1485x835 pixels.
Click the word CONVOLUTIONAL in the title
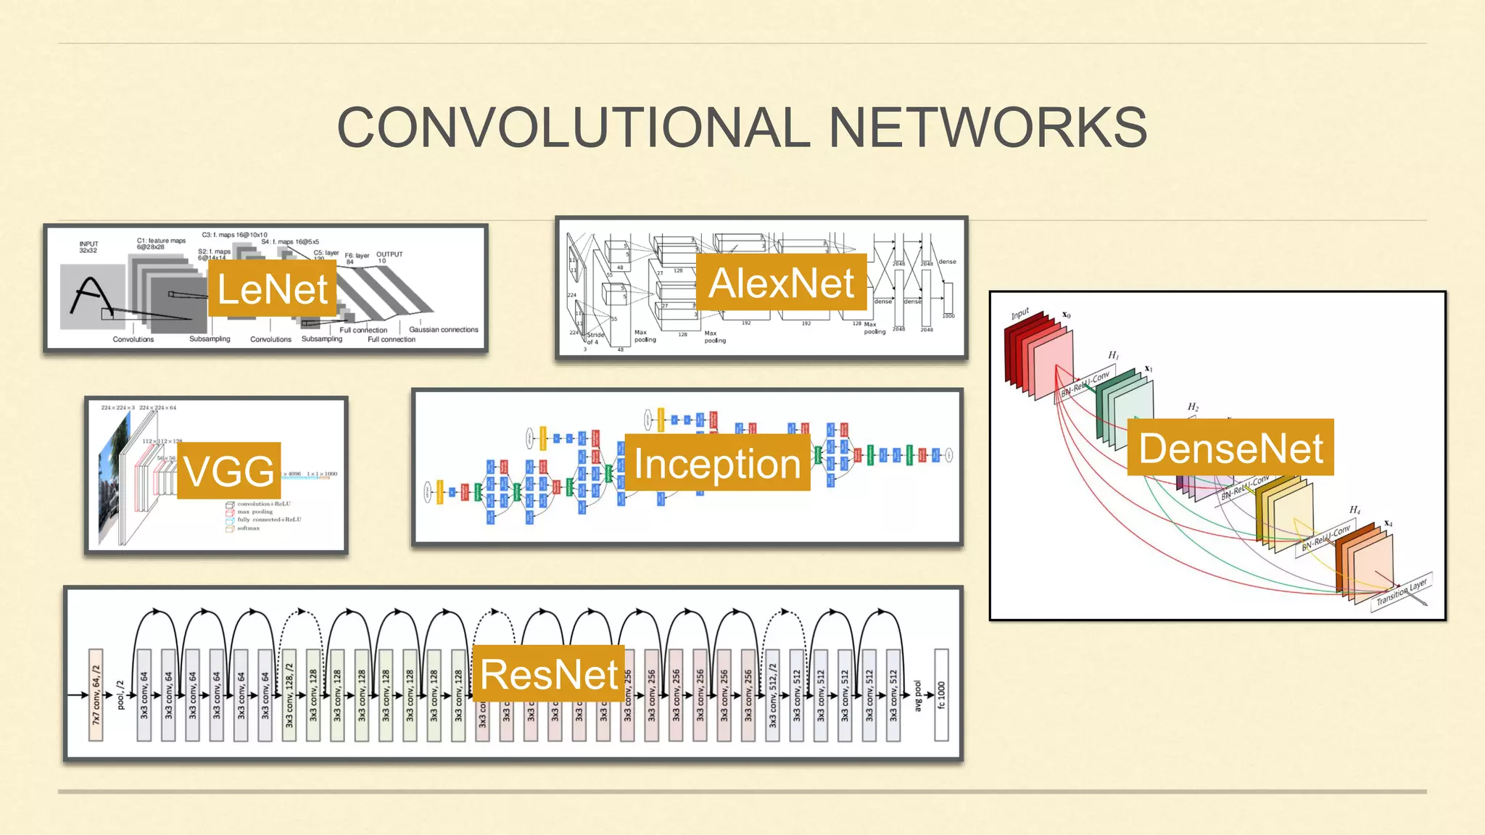point(573,128)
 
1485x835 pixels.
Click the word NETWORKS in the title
point(988,128)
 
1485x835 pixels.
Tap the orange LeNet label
point(272,289)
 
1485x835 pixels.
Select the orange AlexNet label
point(781,283)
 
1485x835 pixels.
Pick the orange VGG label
point(229,471)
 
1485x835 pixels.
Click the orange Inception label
point(717,463)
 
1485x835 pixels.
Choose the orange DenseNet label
point(1230,448)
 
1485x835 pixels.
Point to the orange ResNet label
point(549,674)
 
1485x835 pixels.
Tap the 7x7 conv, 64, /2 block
point(96,694)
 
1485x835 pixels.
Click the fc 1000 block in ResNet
point(941,694)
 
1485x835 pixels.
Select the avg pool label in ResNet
point(918,695)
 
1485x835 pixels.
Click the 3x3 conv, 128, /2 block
point(289,694)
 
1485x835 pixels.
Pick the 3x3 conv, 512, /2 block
point(773,694)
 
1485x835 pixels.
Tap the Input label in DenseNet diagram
point(1020,314)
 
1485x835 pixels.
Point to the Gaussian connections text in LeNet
point(444,330)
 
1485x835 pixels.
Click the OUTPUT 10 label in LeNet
point(389,257)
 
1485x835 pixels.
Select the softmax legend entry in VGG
point(247,528)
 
